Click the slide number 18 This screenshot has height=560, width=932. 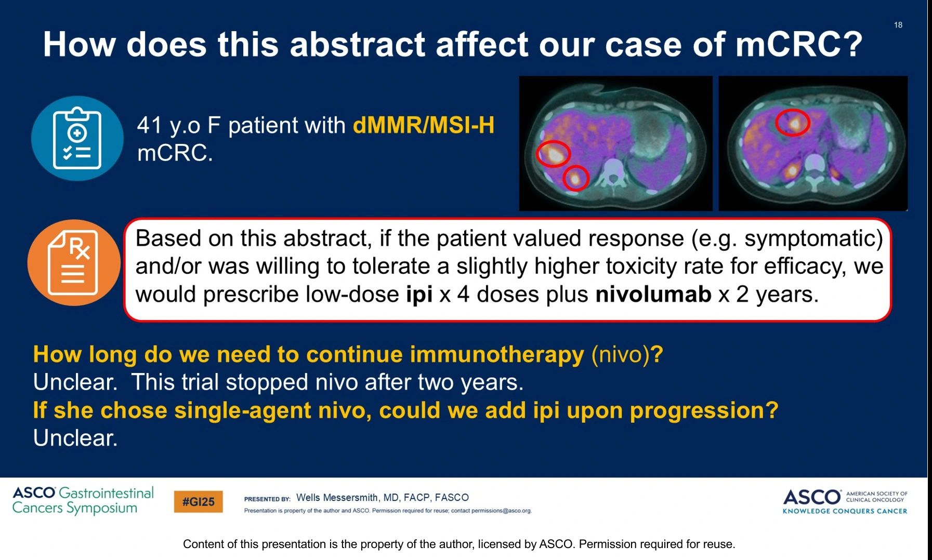[x=898, y=25]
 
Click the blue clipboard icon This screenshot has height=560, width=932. [x=77, y=138]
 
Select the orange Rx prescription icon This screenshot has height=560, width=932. [x=74, y=262]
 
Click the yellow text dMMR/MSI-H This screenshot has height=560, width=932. [x=424, y=125]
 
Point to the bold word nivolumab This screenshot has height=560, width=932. [x=653, y=294]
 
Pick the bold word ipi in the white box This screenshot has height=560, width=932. [x=419, y=295]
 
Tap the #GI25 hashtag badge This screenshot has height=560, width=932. [x=199, y=502]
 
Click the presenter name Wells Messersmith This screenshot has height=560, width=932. [x=337, y=498]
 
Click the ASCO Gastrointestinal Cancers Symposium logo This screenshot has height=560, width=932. [x=83, y=500]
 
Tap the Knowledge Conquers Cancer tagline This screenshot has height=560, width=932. [x=845, y=511]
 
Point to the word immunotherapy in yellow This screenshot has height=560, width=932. [x=497, y=355]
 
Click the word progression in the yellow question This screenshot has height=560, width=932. [x=704, y=411]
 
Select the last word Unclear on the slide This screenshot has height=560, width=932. [x=75, y=438]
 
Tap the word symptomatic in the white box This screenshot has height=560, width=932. [x=813, y=238]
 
